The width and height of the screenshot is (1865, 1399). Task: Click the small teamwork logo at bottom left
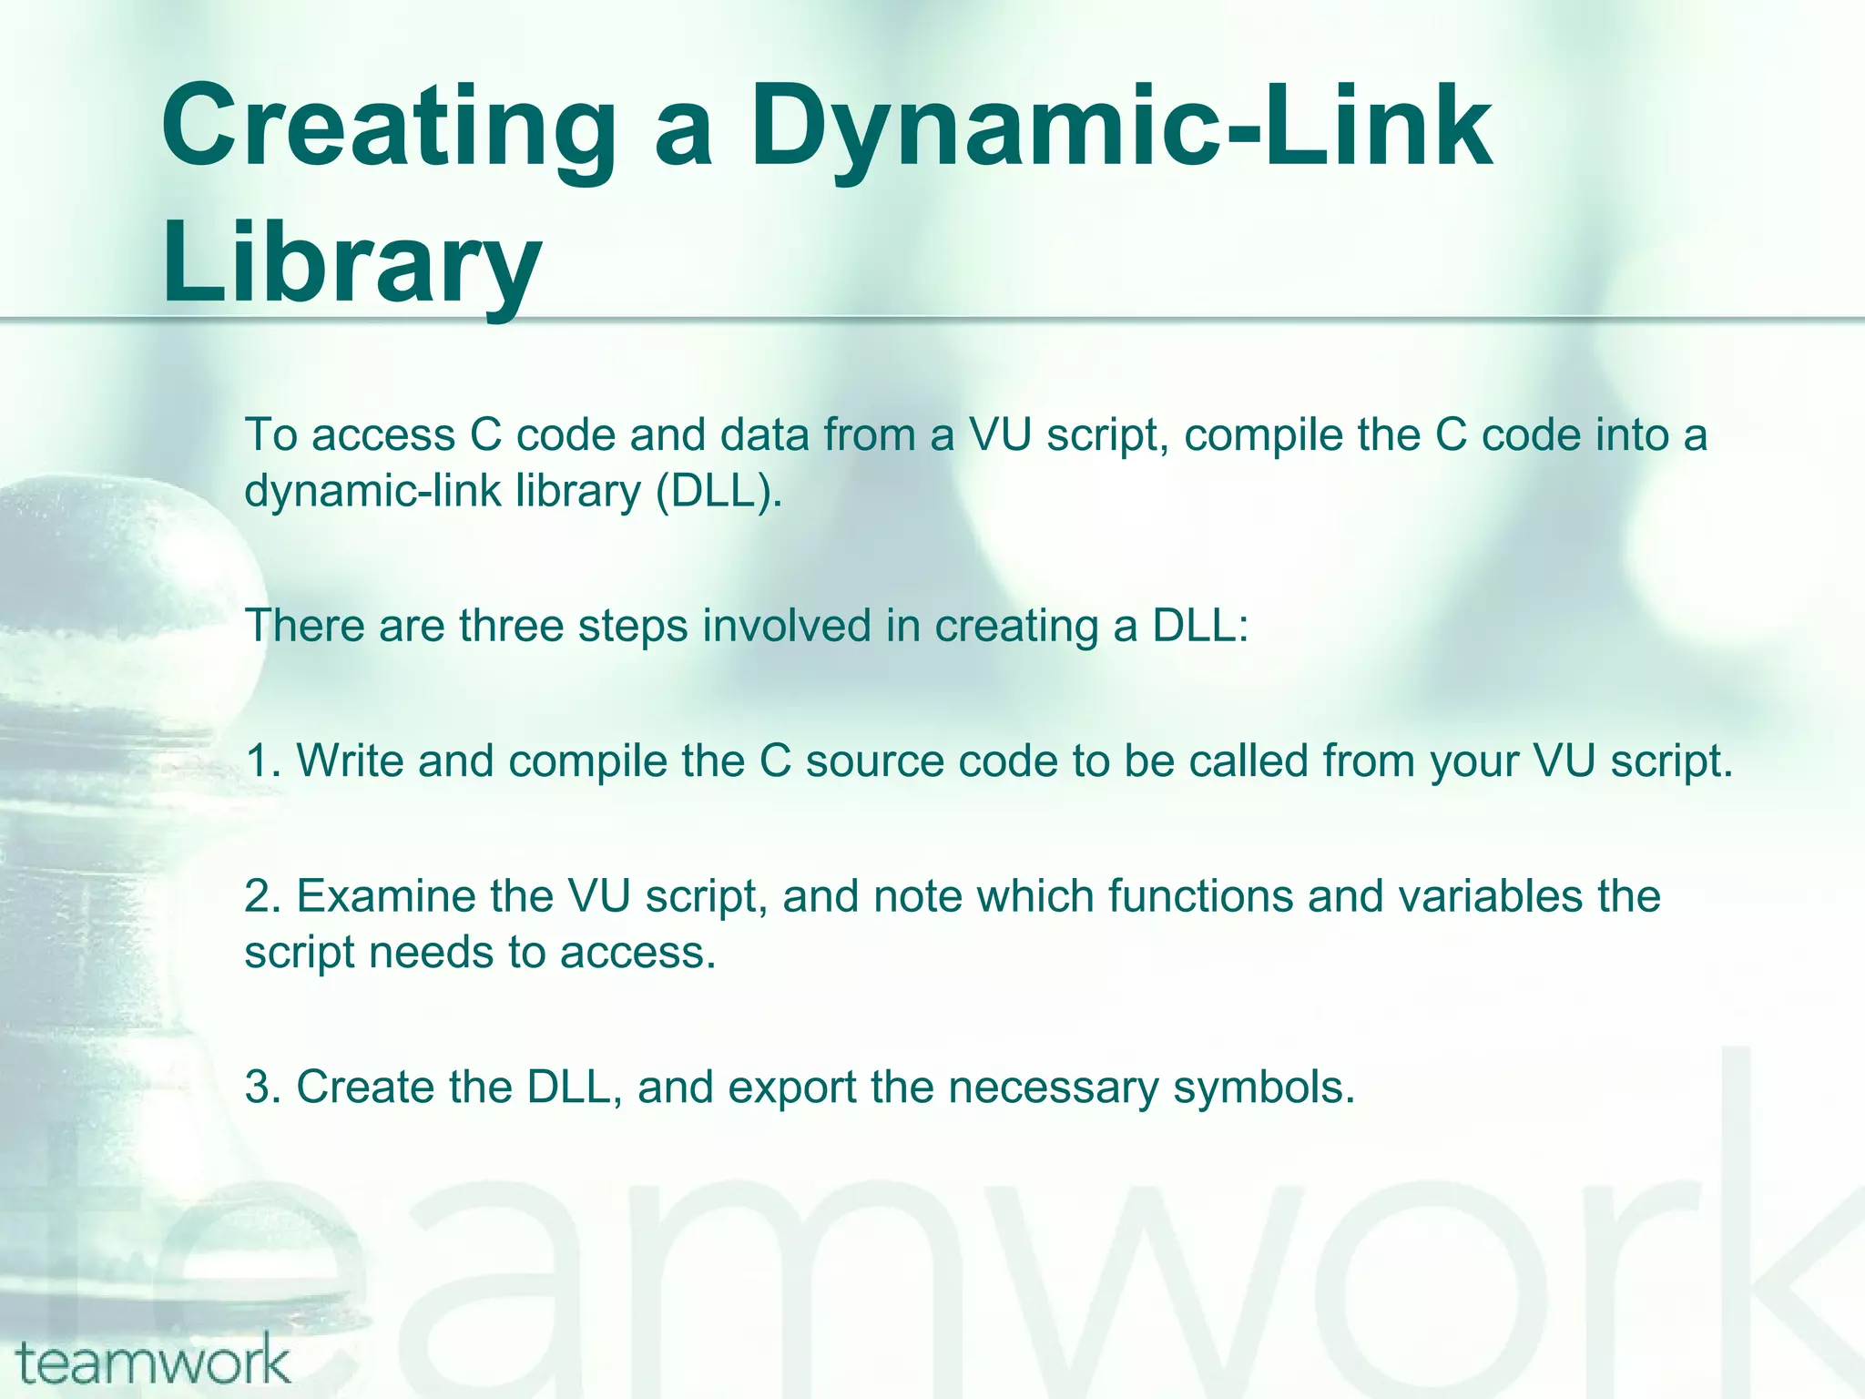point(153,1363)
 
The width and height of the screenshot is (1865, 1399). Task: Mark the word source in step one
point(874,761)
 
